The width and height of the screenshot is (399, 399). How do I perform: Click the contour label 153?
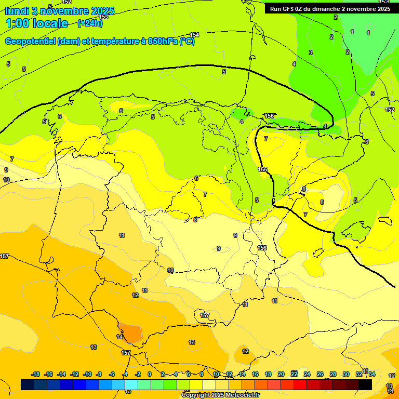click(104, 17)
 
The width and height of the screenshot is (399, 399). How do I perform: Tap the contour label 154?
click(194, 35)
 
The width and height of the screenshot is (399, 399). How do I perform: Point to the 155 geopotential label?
click(262, 170)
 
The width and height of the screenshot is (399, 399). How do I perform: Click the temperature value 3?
click(311, 52)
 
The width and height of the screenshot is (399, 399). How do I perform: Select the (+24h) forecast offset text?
click(90, 23)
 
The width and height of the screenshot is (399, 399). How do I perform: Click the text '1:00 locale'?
click(36, 23)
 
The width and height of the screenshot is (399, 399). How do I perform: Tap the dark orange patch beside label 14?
click(132, 333)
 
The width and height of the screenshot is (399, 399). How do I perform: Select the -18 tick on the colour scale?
click(36, 374)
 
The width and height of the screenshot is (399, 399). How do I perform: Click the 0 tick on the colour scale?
click(150, 374)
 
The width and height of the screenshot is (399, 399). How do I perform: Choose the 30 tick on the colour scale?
click(346, 374)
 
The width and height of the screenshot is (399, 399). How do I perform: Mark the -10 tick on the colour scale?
click(87, 374)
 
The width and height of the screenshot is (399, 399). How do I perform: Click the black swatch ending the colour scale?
click(365, 384)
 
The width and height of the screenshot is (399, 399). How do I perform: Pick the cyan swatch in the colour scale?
click(131, 384)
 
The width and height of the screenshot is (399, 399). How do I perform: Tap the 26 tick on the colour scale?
click(320, 374)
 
